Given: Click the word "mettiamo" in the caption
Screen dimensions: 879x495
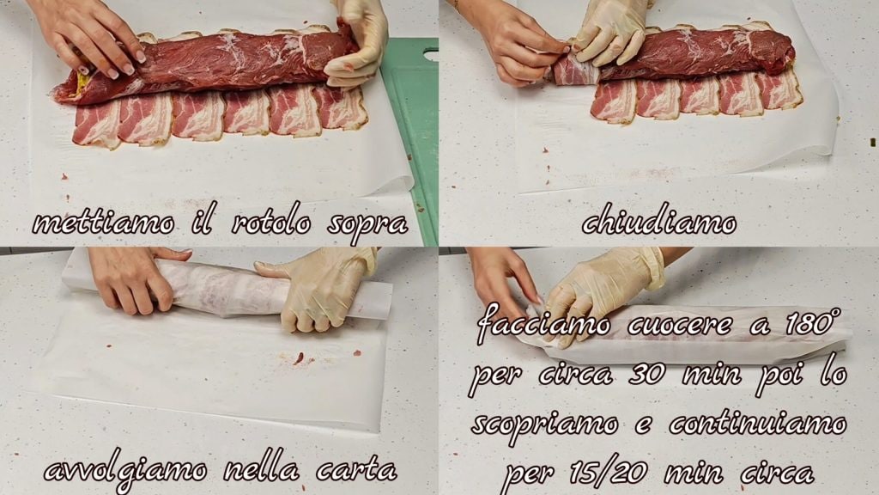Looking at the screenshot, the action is [x=103, y=224].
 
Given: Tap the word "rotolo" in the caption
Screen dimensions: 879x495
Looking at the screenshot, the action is [x=270, y=223].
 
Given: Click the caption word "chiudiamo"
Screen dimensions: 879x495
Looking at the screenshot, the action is [x=658, y=222].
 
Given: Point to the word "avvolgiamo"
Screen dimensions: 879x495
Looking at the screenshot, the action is [x=125, y=471].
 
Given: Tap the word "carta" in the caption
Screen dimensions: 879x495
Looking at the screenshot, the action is [x=356, y=470].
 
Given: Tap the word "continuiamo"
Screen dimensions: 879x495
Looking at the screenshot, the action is [x=757, y=423].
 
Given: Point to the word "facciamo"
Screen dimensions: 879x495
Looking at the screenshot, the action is [x=543, y=324].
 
